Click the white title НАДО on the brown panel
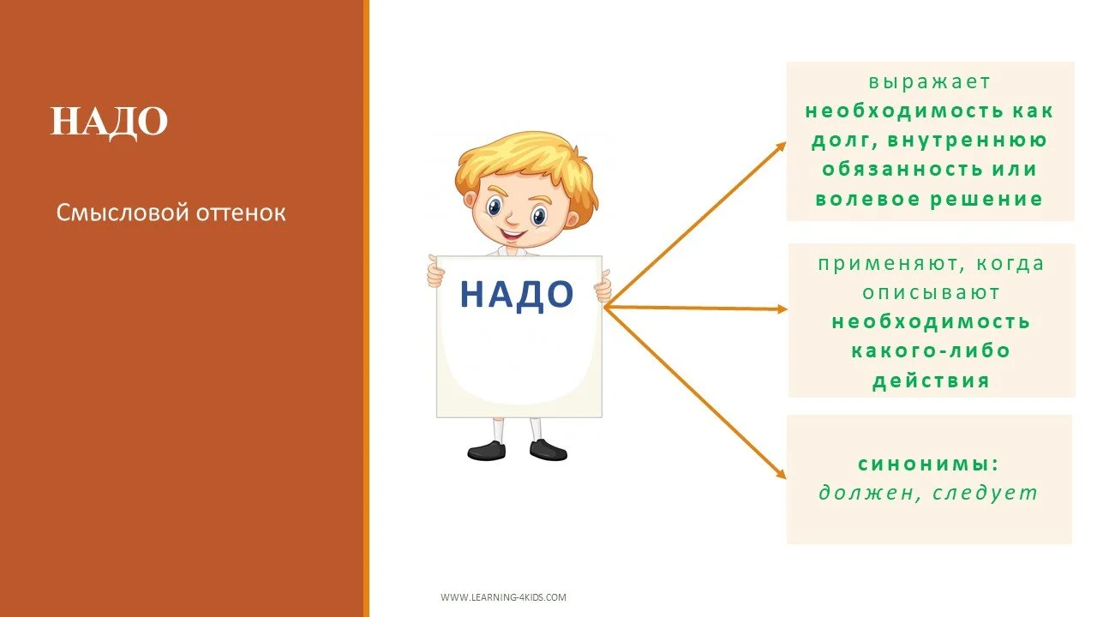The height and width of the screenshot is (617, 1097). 109,122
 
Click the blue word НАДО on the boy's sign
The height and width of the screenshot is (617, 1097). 516,294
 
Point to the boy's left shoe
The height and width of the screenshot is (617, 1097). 486,450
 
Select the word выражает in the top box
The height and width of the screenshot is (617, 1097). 929,82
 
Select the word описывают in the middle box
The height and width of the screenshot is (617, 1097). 931,292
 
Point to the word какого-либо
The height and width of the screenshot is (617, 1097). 931,350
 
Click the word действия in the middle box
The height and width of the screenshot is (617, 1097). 931,380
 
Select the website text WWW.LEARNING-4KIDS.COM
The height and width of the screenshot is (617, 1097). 503,597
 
